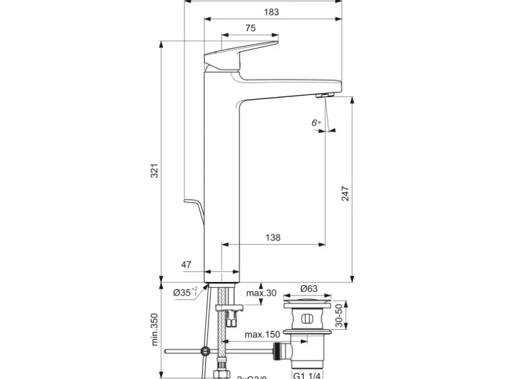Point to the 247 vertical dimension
point(345,193)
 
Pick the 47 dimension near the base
point(186,264)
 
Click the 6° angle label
point(316,123)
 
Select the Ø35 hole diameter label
point(185,293)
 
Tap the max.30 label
point(261,293)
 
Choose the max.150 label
point(263,334)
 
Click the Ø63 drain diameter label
point(308,289)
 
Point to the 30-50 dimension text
point(338,316)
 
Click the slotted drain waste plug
point(306,320)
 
